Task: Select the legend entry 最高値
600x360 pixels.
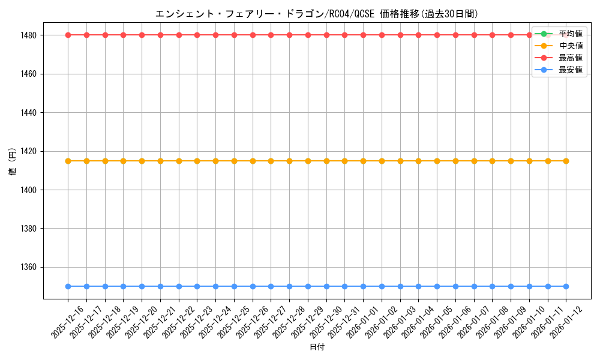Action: [x=570, y=58]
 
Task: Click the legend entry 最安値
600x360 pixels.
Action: [x=570, y=70]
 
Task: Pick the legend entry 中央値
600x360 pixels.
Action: [x=570, y=46]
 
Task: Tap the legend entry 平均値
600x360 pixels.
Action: [x=570, y=34]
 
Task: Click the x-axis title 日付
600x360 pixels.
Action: [x=317, y=347]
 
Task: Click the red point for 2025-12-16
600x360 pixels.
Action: [x=68, y=35]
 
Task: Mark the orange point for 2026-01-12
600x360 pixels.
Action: [x=566, y=161]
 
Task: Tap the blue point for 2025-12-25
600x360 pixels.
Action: [x=234, y=286]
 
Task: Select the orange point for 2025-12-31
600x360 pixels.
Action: [x=345, y=161]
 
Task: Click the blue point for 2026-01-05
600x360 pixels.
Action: [x=437, y=286]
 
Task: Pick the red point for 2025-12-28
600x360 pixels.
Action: [x=289, y=35]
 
